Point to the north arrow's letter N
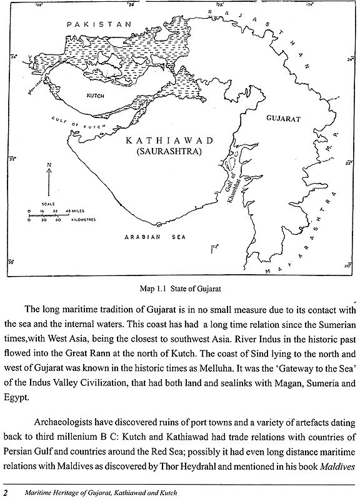coord(47,166)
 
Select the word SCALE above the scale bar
coord(39,204)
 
